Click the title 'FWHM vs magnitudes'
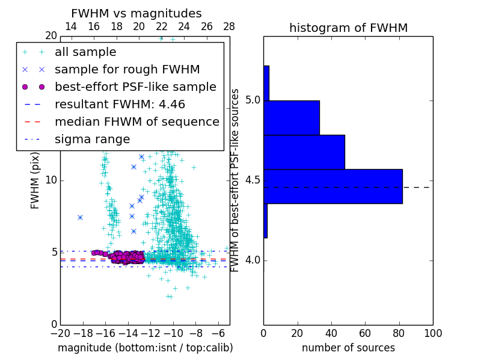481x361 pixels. point(136,13)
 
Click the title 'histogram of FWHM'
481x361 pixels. point(348,28)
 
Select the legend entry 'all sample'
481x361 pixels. point(85,52)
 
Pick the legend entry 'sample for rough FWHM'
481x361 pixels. point(127,69)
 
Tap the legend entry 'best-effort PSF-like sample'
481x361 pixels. point(135,87)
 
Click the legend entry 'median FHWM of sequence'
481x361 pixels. point(136,122)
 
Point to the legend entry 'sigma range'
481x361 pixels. point(92,139)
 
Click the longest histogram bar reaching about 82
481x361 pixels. point(332,187)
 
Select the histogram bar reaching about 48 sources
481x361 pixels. point(304,152)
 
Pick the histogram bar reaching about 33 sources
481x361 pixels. point(291,117)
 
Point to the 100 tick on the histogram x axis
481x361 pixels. point(433,333)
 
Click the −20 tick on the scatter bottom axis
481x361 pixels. point(60,333)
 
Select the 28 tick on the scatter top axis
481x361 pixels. point(229,26)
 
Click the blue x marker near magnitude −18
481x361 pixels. point(80,217)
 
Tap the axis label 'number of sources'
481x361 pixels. point(348,348)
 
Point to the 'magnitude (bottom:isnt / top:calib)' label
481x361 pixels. point(145,348)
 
